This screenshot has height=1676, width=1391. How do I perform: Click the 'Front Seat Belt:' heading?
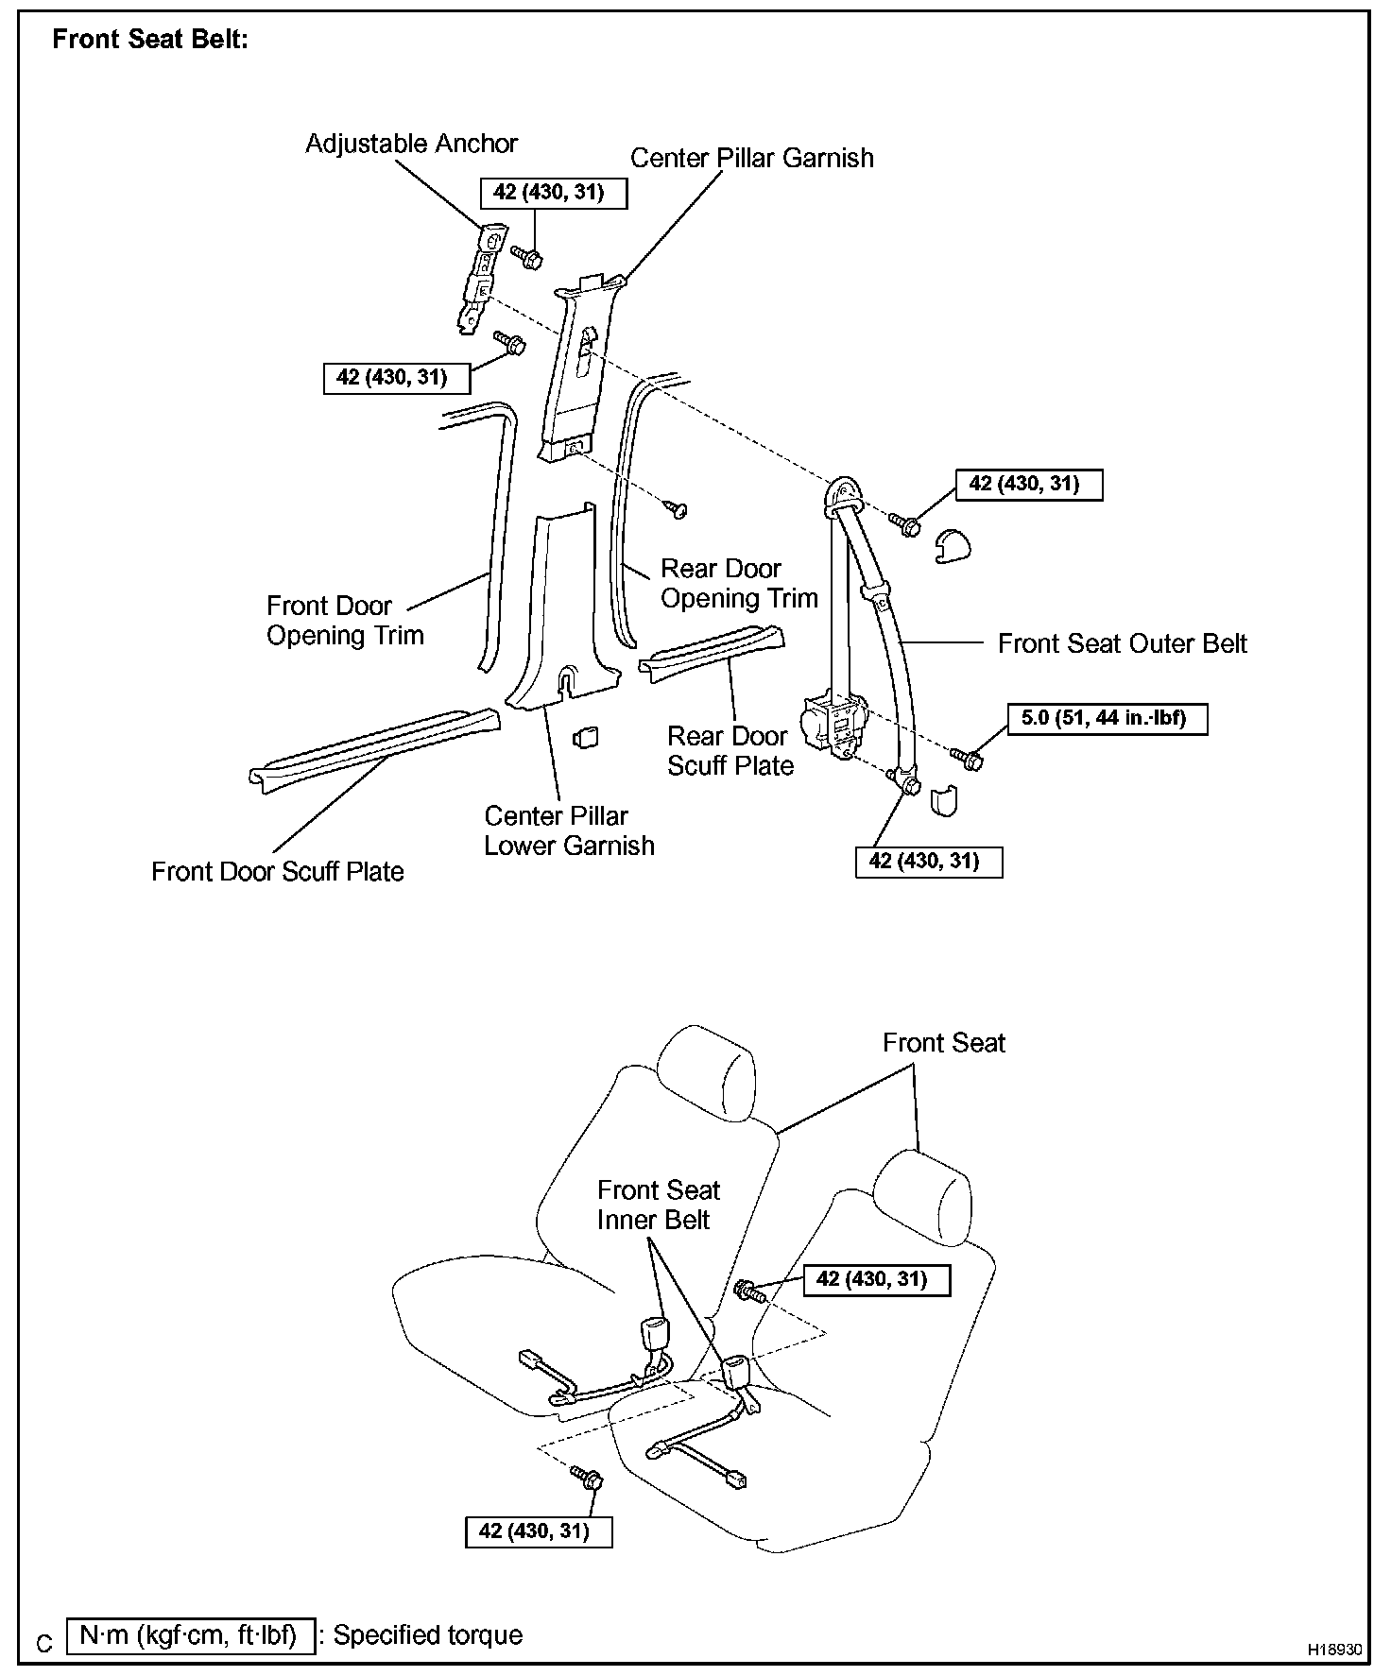[150, 40]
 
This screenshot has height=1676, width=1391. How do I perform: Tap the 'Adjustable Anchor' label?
[411, 144]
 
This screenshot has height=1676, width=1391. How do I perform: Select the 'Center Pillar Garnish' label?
[751, 158]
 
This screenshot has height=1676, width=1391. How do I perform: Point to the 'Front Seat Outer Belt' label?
[1122, 643]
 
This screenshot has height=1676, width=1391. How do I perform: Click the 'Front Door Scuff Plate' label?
[277, 871]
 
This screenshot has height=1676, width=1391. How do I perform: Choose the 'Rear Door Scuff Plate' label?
[730, 751]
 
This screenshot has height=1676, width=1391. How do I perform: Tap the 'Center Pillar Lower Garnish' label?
[569, 830]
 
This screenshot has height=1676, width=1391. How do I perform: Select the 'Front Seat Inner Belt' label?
[658, 1205]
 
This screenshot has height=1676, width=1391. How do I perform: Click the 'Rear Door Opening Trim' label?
[738, 583]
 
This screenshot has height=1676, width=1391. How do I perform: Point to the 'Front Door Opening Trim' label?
[344, 620]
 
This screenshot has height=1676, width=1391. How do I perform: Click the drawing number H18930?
[1335, 1650]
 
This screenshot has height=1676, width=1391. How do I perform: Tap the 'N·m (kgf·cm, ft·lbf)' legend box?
[190, 1635]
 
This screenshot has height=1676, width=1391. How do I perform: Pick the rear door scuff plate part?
[713, 652]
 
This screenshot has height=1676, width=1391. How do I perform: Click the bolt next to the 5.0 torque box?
[968, 757]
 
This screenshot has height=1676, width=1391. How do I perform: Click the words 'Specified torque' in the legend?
[427, 1635]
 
